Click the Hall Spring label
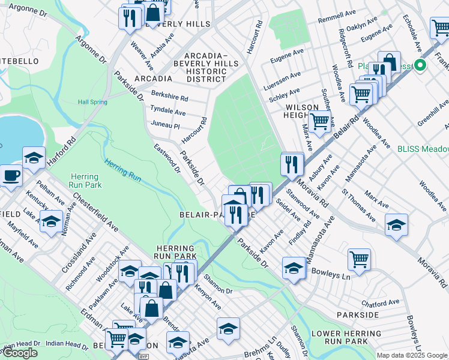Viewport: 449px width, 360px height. click(x=92, y=102)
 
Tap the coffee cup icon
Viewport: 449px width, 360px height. click(x=11, y=176)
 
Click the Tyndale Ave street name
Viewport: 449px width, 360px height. click(x=168, y=112)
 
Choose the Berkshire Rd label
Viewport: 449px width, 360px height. click(x=170, y=98)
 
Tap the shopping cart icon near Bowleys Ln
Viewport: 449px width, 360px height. click(x=359, y=260)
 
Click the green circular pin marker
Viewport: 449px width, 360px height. click(x=421, y=66)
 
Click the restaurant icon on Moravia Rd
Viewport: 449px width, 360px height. click(x=292, y=164)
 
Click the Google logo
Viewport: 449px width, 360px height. click(x=20, y=353)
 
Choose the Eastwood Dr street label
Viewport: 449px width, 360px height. click(x=167, y=158)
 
